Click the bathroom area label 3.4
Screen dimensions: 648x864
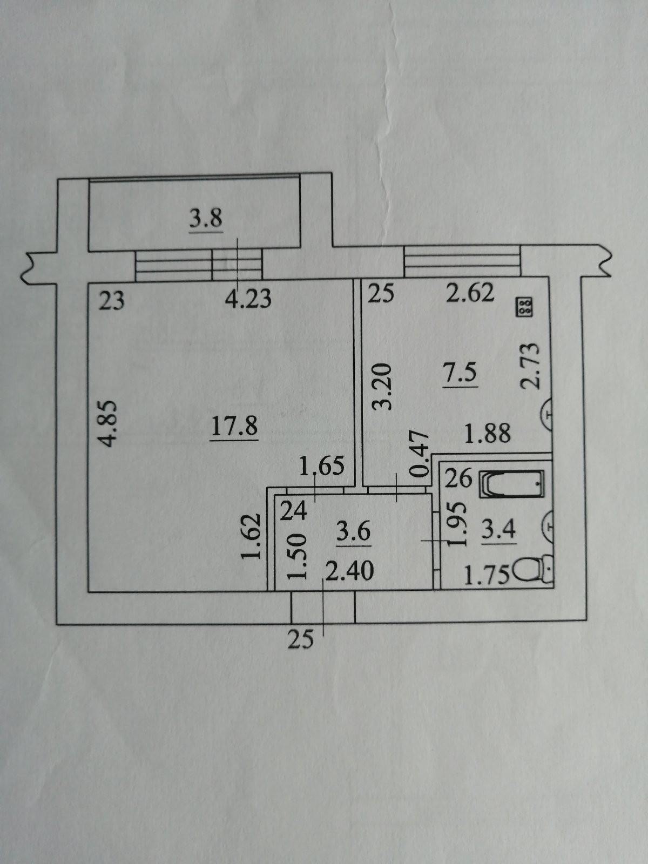pos(498,529)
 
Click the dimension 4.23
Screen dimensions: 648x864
pos(248,298)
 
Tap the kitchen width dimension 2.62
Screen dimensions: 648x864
pos(470,294)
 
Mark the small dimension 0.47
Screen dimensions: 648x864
pos(420,454)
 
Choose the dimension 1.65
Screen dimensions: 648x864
pos(322,465)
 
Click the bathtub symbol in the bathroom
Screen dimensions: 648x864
pos(511,484)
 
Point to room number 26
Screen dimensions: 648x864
pos(459,479)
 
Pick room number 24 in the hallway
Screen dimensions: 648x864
pos(294,510)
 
